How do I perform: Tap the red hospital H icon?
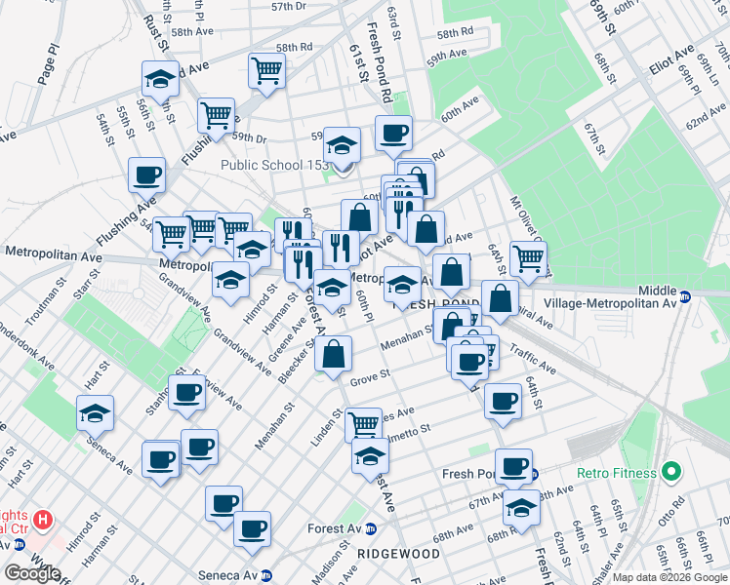(x=42, y=520)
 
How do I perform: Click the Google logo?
(x=32, y=573)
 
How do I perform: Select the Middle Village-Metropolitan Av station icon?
(x=685, y=296)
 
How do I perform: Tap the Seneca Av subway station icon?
(x=265, y=574)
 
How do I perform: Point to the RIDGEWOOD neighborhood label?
(x=397, y=554)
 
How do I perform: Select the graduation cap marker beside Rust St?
(x=160, y=78)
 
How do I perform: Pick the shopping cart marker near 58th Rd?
(x=266, y=69)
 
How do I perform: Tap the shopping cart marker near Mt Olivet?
(x=528, y=258)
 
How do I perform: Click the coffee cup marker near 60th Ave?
(x=393, y=133)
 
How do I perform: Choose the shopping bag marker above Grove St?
(x=333, y=354)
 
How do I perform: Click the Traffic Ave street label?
(x=532, y=364)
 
